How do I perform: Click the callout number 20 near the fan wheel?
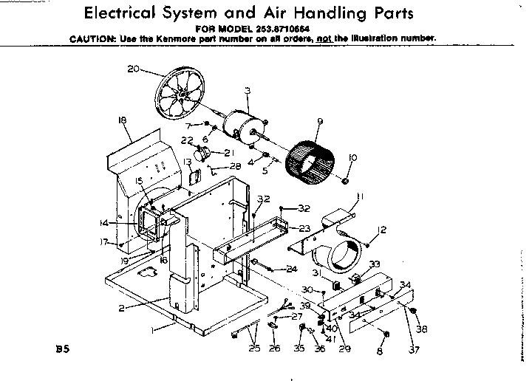point(133,69)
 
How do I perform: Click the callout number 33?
point(375,264)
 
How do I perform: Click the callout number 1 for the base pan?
point(154,332)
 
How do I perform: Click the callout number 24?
point(293,269)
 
